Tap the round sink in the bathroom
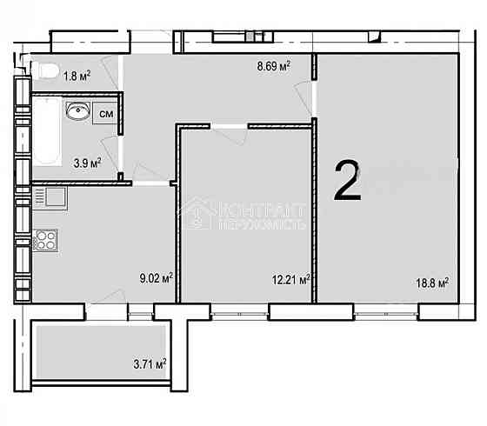78,111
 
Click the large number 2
348,181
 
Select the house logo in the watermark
197,213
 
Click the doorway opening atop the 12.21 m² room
230,128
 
